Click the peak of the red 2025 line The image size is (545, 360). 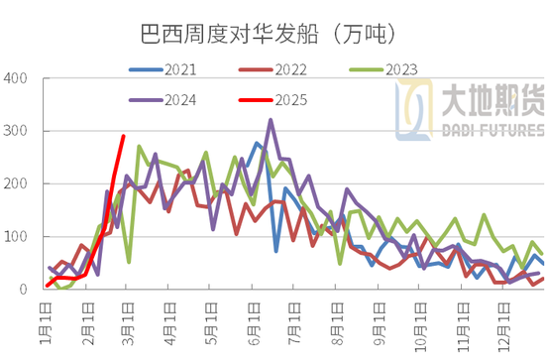pyautogui.click(x=123, y=137)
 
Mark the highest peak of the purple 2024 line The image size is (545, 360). pyautogui.click(x=271, y=120)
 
